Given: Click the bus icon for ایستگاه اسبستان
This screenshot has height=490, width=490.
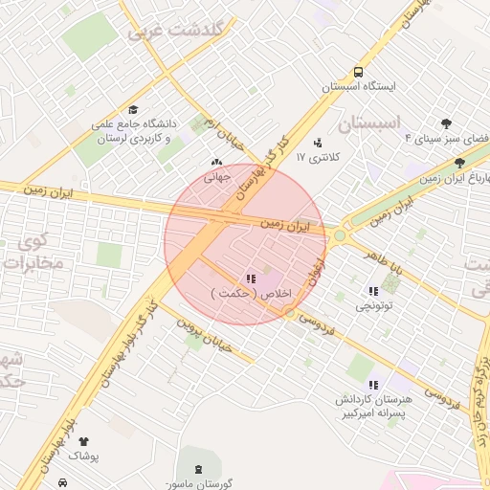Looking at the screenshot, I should click(x=357, y=72).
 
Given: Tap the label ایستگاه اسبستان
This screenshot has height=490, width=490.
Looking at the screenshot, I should click(x=357, y=86).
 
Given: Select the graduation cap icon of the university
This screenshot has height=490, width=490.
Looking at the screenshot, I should click(x=133, y=110).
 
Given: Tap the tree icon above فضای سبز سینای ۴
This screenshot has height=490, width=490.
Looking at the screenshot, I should click(x=447, y=123).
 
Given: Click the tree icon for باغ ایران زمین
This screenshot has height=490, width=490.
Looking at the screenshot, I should click(x=460, y=164).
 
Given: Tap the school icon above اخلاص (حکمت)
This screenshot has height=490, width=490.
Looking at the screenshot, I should click(x=250, y=278).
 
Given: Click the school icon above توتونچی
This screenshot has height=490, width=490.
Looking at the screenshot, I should click(x=371, y=291).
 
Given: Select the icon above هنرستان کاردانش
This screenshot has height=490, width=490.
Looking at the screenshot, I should click(x=372, y=384).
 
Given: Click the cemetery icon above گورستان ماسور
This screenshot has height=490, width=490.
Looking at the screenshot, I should click(x=198, y=468).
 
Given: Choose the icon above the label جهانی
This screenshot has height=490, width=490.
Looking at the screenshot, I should click(x=214, y=162).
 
